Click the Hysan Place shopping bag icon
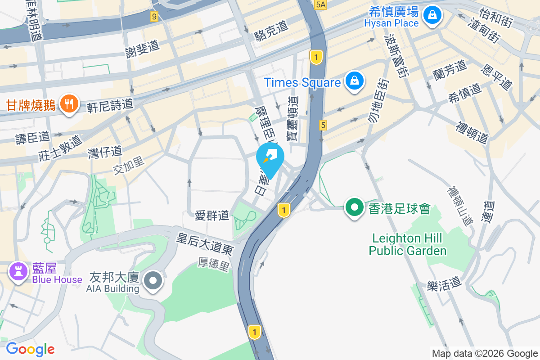tap(432, 15)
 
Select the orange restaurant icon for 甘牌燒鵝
tap(68, 104)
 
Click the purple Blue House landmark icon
tap(18, 272)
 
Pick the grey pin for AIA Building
tap(153, 281)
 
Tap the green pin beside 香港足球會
tap(355, 208)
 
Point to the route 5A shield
tap(320, 4)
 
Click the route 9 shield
tap(154, 17)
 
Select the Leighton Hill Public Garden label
tap(407, 244)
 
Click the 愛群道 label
tap(212, 216)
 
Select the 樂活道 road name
tap(445, 283)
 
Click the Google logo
tap(30, 349)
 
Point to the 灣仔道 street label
tap(104, 152)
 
